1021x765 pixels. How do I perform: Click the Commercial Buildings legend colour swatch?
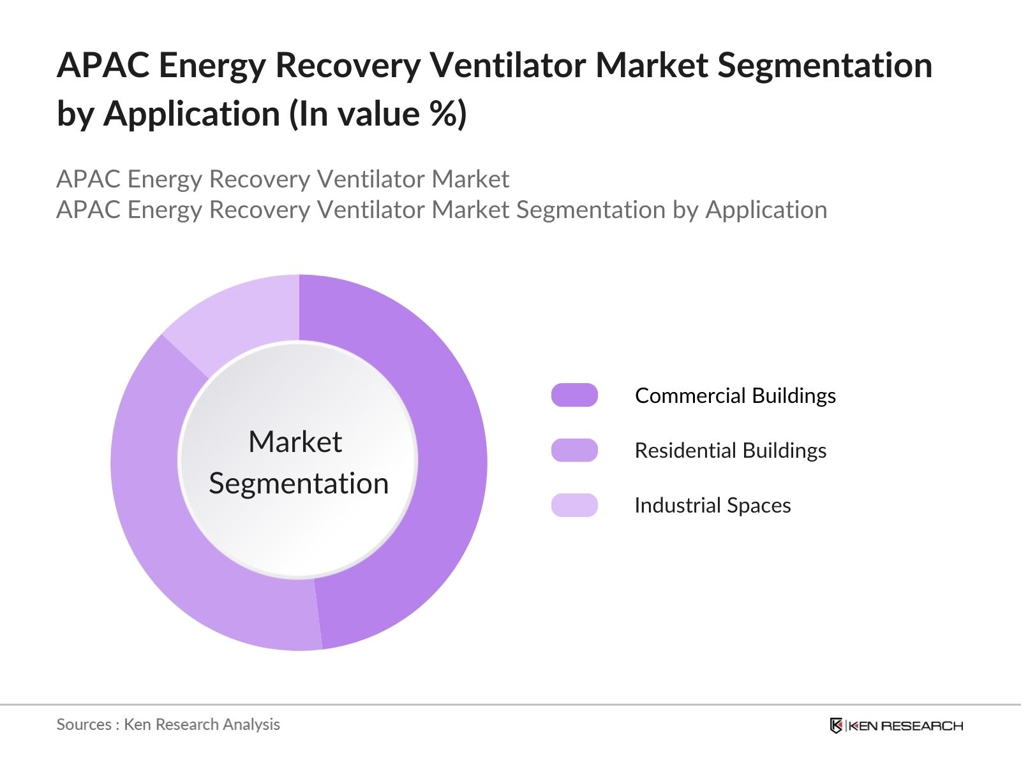pyautogui.click(x=574, y=395)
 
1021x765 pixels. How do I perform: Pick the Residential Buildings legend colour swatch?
pyautogui.click(x=574, y=450)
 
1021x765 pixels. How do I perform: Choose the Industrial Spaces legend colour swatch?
pyautogui.click(x=574, y=505)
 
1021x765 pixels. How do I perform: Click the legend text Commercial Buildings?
pyautogui.click(x=735, y=396)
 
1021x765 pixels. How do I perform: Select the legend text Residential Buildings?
pyautogui.click(x=730, y=451)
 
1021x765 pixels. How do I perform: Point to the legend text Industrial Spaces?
pyautogui.click(x=712, y=506)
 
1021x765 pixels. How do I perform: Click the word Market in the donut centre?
pyautogui.click(x=295, y=442)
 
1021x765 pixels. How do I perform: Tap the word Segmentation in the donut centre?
pyautogui.click(x=299, y=483)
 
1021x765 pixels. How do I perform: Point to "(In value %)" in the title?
pyautogui.click(x=378, y=115)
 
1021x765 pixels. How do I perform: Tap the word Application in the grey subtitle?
pyautogui.click(x=766, y=210)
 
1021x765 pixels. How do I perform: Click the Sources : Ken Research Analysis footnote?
pyautogui.click(x=168, y=725)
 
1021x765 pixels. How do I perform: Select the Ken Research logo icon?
pyautogui.click(x=836, y=725)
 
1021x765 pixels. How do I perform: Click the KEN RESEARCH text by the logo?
pyautogui.click(x=905, y=726)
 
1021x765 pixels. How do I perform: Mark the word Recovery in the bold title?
pyautogui.click(x=347, y=66)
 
